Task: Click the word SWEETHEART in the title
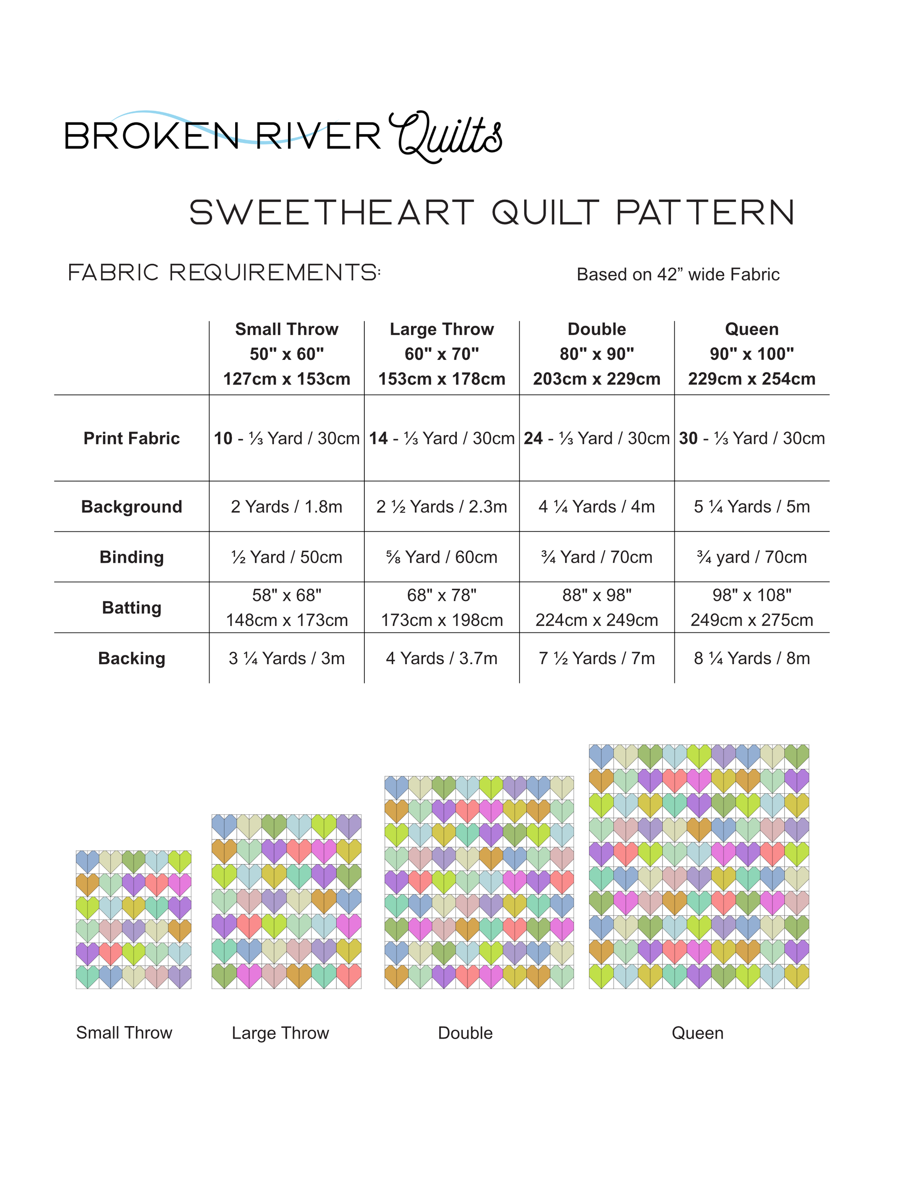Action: tap(331, 212)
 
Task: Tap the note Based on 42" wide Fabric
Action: tap(678, 274)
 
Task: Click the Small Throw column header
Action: tap(287, 353)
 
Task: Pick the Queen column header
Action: tap(751, 353)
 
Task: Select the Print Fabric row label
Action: tap(131, 438)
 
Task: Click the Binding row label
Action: tap(131, 557)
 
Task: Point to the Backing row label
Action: tap(131, 658)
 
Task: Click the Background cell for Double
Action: tap(597, 507)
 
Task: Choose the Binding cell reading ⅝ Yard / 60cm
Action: tap(441, 557)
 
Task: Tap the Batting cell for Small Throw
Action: tap(287, 607)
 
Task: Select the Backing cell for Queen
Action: tap(751, 658)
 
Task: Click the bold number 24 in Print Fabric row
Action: tap(533, 438)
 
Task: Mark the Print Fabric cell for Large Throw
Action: tap(441, 438)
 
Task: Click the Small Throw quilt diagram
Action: tap(134, 919)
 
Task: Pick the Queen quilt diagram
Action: tap(699, 867)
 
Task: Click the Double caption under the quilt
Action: tap(465, 1033)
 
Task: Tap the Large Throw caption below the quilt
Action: tap(280, 1033)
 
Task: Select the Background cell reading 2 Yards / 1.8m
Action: tap(287, 507)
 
